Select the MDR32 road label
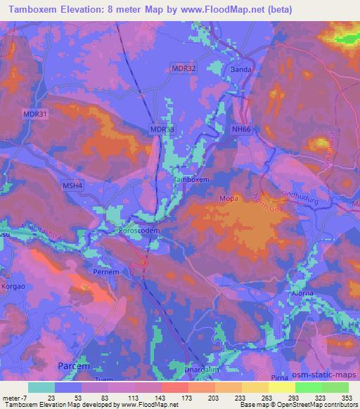[184, 67]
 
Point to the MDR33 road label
[162, 130]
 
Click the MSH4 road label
[73, 185]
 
